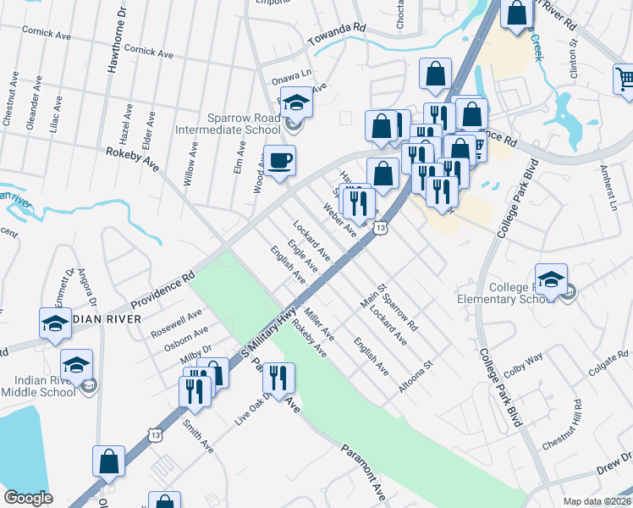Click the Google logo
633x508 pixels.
[28, 498]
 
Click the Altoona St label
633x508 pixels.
[416, 376]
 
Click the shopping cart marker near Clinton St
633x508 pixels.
[625, 80]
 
